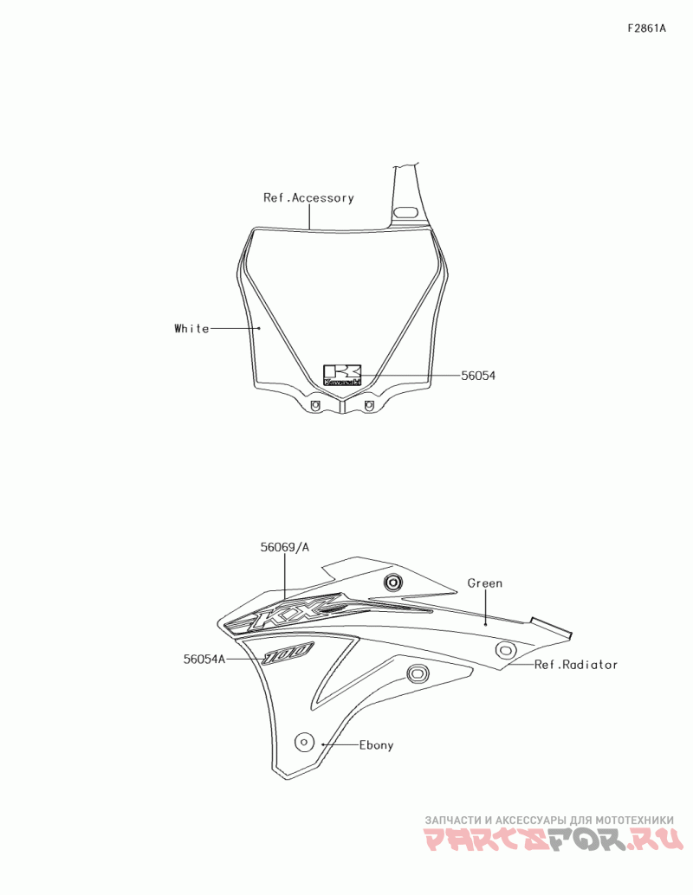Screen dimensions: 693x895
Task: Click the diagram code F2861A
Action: (x=647, y=29)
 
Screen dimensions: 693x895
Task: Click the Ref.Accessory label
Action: (x=308, y=197)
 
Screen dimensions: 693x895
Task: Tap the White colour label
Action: (x=191, y=328)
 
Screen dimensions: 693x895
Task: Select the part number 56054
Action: (x=478, y=376)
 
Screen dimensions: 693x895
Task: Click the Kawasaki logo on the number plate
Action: (x=342, y=375)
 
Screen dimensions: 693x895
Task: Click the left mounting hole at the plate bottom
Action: (x=314, y=405)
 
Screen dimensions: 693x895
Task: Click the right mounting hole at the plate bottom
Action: (x=369, y=405)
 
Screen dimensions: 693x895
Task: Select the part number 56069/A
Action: (x=284, y=547)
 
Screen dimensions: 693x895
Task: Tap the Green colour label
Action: (x=485, y=583)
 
